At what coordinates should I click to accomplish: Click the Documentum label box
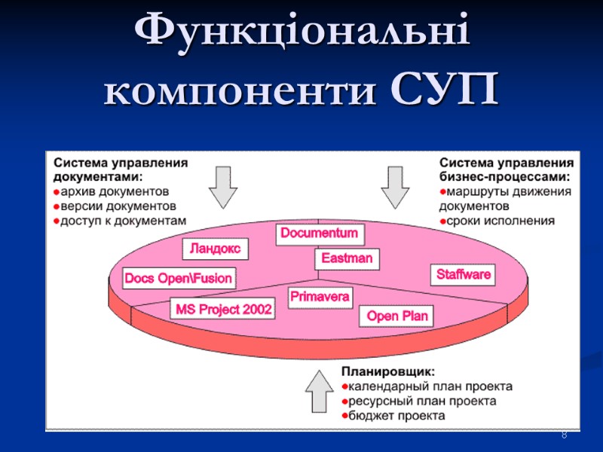[319, 234]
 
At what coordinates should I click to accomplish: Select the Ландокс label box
[216, 248]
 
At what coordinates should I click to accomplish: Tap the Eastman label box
[347, 258]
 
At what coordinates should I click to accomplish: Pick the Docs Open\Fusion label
[179, 278]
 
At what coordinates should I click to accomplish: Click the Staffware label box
[464, 274]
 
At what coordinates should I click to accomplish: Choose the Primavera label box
[320, 297]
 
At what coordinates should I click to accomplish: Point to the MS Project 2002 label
[224, 309]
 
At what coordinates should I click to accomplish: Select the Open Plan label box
[397, 316]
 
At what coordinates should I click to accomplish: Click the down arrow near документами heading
[223, 186]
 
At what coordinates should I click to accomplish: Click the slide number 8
[564, 436]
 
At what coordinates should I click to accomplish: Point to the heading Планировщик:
[387, 371]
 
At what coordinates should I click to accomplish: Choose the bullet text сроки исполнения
[500, 221]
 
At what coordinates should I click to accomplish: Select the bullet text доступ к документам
[122, 220]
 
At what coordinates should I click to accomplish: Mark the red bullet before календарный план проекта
[344, 387]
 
